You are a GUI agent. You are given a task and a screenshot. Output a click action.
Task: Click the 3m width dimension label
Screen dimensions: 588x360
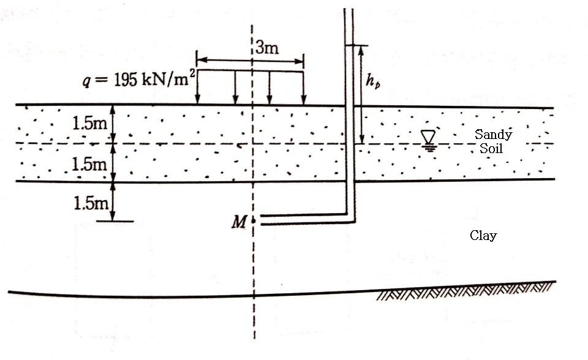pyautogui.click(x=267, y=48)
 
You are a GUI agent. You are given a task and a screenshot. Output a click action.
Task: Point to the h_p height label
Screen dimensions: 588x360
pyautogui.click(x=373, y=81)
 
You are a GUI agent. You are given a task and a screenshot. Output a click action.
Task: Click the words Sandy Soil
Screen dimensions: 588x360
pyautogui.click(x=493, y=141)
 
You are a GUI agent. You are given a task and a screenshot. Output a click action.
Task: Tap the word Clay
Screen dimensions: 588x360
pyautogui.click(x=483, y=235)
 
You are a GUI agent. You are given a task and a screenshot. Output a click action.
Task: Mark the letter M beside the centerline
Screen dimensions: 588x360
pyautogui.click(x=238, y=222)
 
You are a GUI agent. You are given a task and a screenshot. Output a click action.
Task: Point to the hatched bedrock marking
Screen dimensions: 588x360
pyautogui.click(x=466, y=293)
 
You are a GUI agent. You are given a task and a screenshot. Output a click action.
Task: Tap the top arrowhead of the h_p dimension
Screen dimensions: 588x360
pyautogui.click(x=361, y=49)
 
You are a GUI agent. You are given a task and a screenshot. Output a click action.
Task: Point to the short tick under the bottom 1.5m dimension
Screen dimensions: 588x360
pyautogui.click(x=115, y=220)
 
